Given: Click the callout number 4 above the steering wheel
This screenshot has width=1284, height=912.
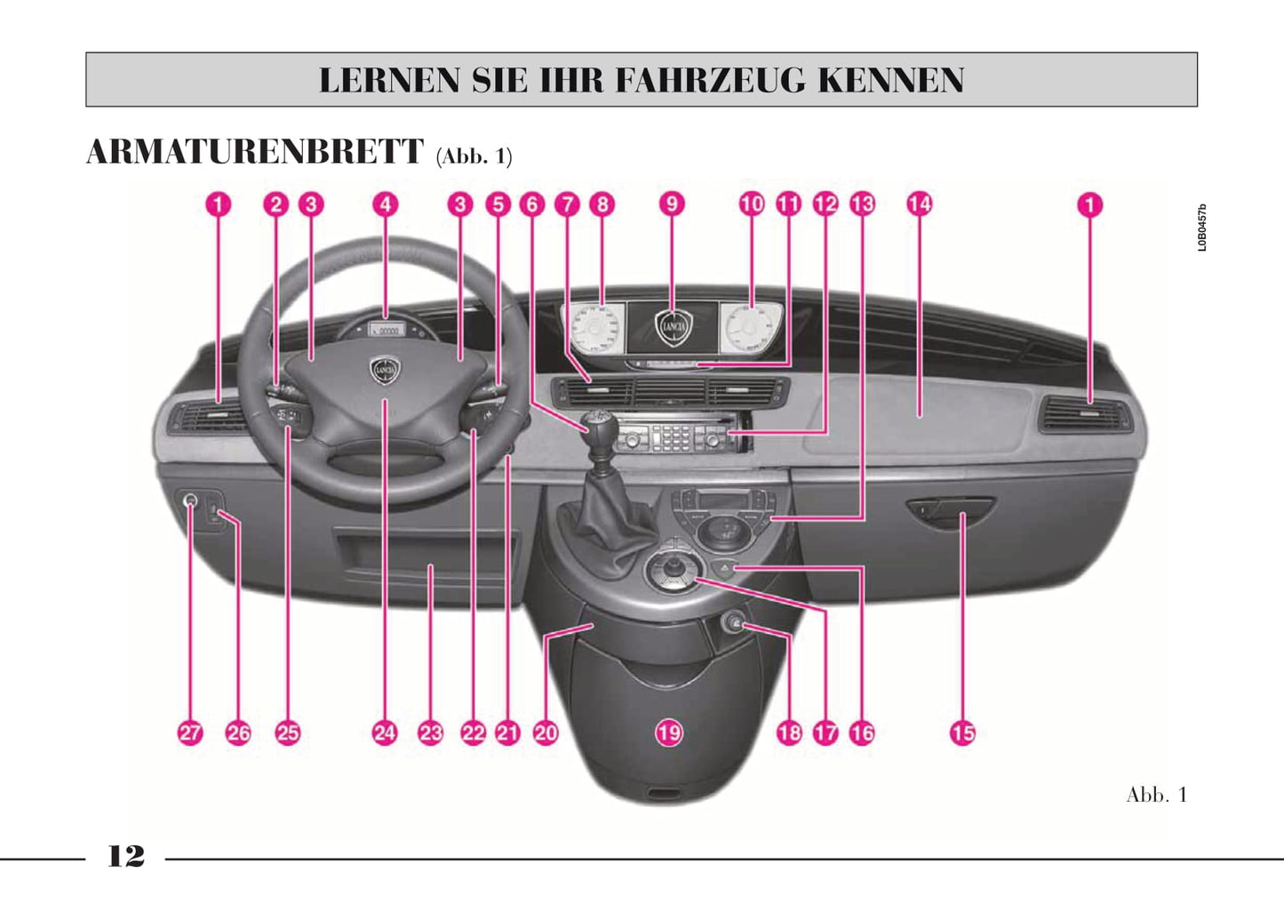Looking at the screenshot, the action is tap(386, 204).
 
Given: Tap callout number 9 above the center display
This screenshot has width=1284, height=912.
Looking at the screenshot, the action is tap(672, 204).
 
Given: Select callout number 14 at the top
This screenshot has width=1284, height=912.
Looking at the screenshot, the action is tap(920, 204).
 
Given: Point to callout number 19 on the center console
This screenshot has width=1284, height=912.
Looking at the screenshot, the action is tap(669, 732).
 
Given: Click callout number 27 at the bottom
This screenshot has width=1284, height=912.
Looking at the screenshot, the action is tap(190, 733).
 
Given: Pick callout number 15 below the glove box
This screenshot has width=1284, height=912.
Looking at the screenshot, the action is tap(963, 732).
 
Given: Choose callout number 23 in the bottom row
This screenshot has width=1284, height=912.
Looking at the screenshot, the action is tap(430, 733).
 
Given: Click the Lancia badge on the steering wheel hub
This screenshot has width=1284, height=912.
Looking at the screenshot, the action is tap(386, 371).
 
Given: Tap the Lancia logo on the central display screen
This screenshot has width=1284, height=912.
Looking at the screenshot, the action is tap(674, 327).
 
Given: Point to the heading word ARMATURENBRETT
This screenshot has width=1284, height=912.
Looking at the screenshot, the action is tap(255, 152).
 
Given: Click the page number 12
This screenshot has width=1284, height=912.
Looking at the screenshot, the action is tap(126, 856).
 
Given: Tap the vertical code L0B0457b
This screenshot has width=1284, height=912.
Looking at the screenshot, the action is tap(1202, 228).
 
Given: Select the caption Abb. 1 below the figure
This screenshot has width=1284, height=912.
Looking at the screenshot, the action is tap(1157, 795).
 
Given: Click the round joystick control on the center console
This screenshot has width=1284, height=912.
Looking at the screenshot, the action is tap(673, 570).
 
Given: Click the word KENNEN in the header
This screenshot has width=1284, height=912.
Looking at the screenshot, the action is tap(891, 80).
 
